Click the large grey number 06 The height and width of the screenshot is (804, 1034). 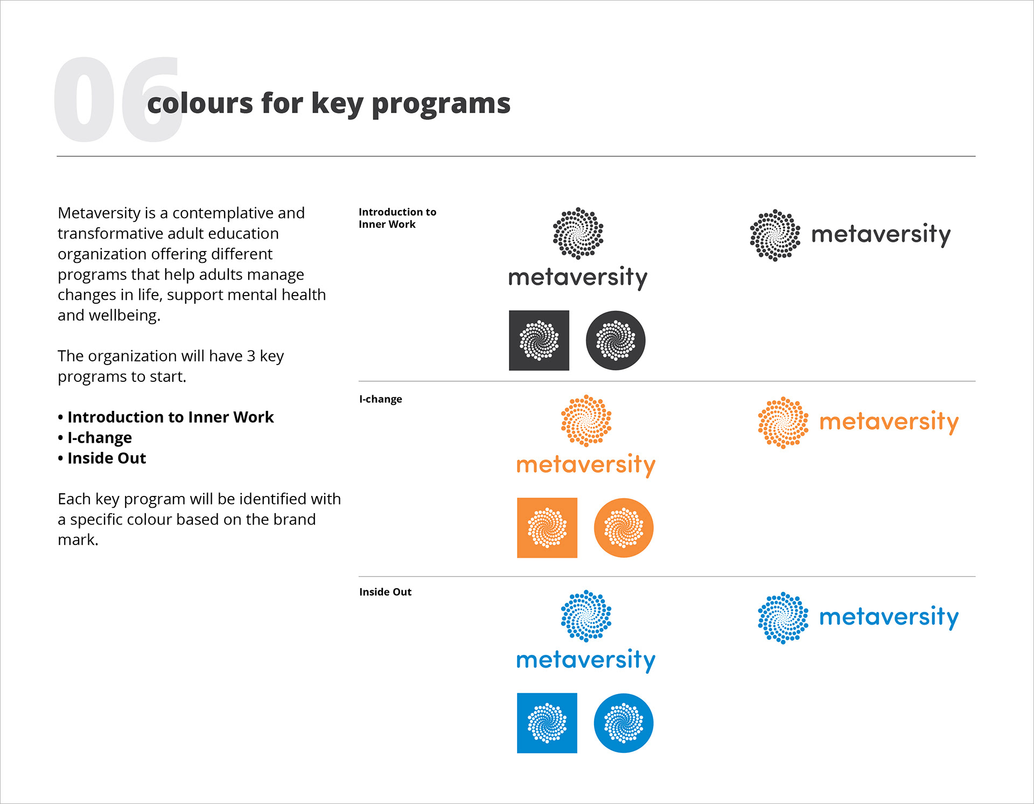click(118, 100)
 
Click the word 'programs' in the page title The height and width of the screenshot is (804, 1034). click(441, 104)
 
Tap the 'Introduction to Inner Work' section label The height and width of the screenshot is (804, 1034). click(397, 218)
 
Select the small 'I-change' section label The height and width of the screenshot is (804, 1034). click(381, 399)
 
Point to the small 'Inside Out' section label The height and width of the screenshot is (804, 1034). click(385, 592)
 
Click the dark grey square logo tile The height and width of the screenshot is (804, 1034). click(539, 340)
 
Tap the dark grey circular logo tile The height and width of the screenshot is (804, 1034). click(616, 340)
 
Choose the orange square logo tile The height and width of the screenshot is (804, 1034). click(547, 528)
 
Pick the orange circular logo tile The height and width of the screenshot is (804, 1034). click(624, 528)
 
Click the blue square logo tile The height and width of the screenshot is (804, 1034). click(547, 723)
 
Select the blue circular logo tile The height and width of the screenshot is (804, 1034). click(624, 723)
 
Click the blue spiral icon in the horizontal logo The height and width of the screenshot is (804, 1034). click(783, 618)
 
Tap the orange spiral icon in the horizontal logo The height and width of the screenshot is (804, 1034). click(783, 423)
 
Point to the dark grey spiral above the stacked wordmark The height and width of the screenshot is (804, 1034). click(578, 233)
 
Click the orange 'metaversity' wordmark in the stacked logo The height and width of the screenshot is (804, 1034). click(586, 465)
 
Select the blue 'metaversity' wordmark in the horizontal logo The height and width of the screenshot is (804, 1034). click(889, 617)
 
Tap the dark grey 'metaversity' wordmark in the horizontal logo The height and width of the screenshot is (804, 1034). click(881, 235)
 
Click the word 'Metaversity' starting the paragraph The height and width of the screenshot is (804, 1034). click(100, 213)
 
